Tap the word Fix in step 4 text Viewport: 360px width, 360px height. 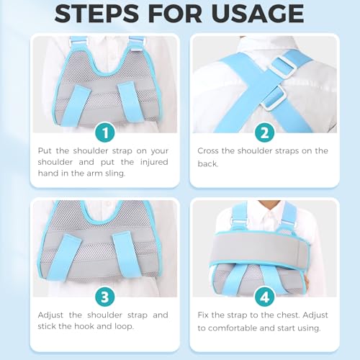pyautogui.click(x=205, y=314)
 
